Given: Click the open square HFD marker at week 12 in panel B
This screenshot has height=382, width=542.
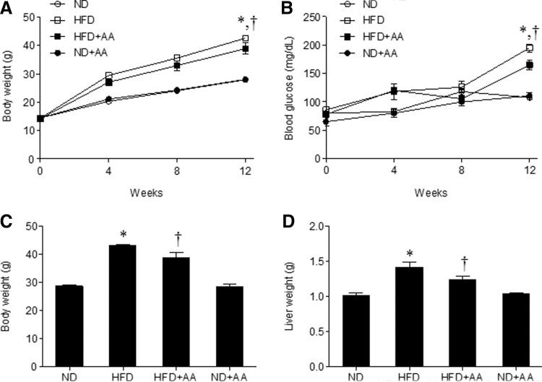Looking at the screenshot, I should coord(530,48).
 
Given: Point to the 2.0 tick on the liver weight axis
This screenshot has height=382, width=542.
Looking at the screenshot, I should coord(310,226).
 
